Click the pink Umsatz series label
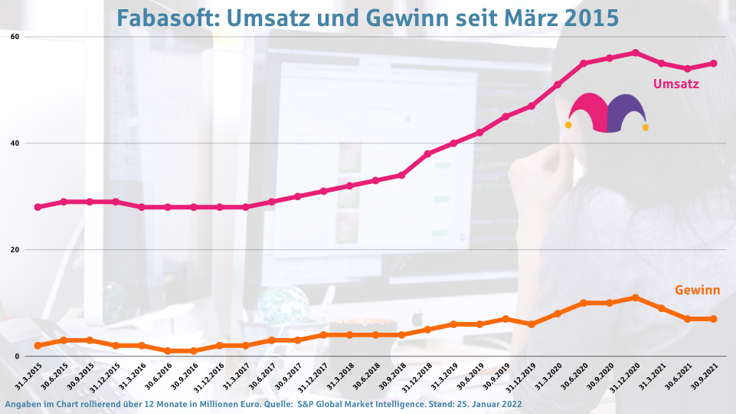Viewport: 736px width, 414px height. click(675, 84)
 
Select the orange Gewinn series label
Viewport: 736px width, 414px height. click(697, 290)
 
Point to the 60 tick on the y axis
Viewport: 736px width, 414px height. click(15, 37)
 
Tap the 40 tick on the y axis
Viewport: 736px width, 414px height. click(15, 143)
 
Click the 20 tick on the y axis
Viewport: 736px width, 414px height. click(15, 250)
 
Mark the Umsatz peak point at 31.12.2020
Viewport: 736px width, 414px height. click(636, 53)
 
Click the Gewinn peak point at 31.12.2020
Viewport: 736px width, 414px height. click(636, 297)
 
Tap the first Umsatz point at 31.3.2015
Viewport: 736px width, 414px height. click(38, 207)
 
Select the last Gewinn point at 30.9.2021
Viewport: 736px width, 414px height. click(714, 319)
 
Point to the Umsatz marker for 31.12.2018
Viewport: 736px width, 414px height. click(427, 154)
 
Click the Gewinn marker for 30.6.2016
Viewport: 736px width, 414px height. click(168, 351)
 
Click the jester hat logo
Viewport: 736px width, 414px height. click(607, 113)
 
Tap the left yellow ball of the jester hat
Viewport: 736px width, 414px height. click(568, 125)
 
